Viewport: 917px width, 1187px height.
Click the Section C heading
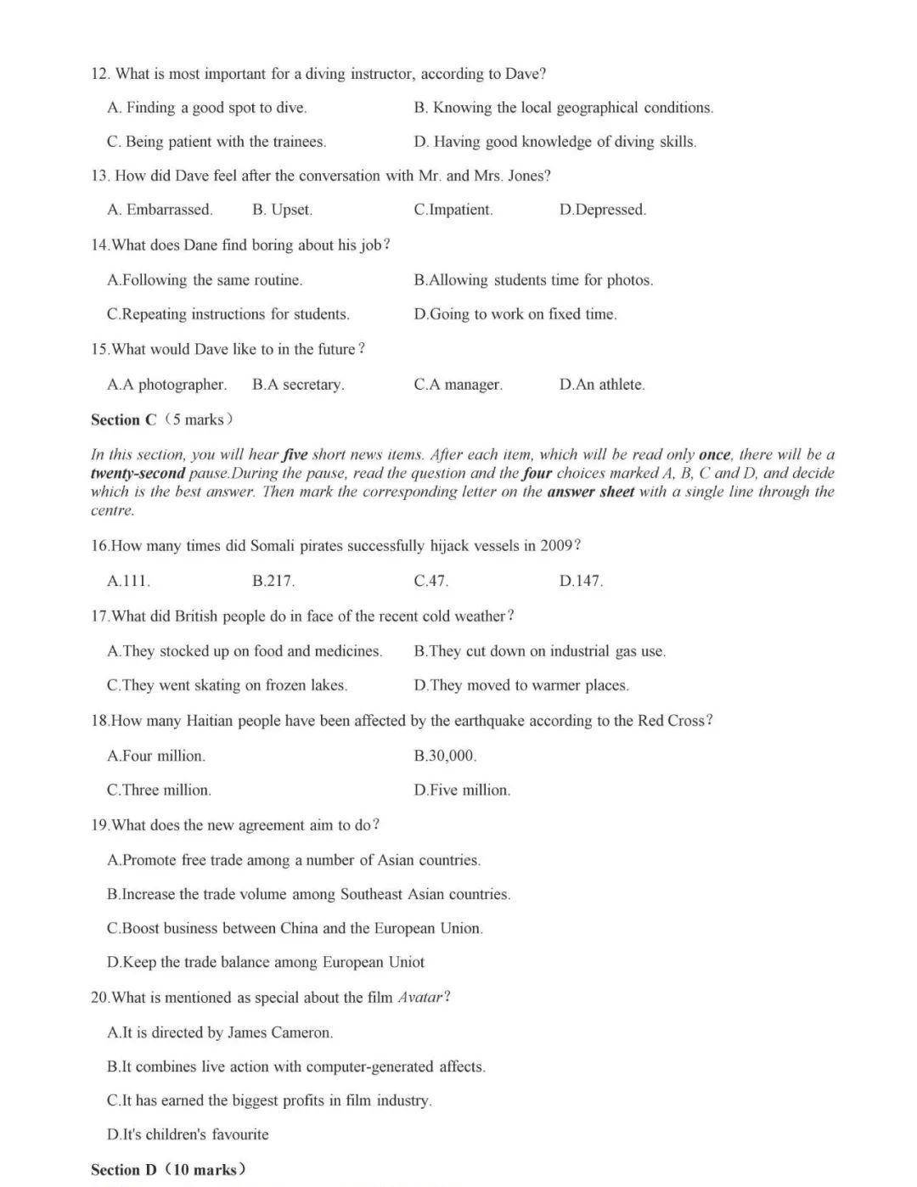click(x=161, y=419)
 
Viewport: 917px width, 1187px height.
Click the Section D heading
click(x=168, y=1169)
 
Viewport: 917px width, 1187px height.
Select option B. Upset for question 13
click(x=282, y=210)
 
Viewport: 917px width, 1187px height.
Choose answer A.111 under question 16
click(x=128, y=581)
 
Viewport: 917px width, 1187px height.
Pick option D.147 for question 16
click(x=581, y=581)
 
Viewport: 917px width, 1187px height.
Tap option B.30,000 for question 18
click(x=445, y=756)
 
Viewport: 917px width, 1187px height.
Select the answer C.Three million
click(x=159, y=790)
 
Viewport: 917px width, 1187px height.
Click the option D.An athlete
click(x=601, y=385)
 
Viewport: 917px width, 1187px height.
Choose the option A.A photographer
click(x=166, y=385)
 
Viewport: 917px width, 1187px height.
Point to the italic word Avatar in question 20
click(x=420, y=997)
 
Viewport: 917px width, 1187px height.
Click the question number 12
click(x=100, y=74)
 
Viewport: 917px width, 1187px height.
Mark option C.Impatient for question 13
click(x=453, y=210)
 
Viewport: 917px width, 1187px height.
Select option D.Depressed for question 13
click(x=602, y=210)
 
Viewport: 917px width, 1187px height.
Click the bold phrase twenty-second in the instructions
click(x=138, y=473)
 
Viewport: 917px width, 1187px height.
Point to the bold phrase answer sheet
click(x=590, y=492)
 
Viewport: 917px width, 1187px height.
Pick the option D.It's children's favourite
click(x=188, y=1134)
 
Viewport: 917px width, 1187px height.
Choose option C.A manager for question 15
click(x=458, y=385)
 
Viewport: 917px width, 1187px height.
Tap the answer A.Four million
click(x=156, y=756)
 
